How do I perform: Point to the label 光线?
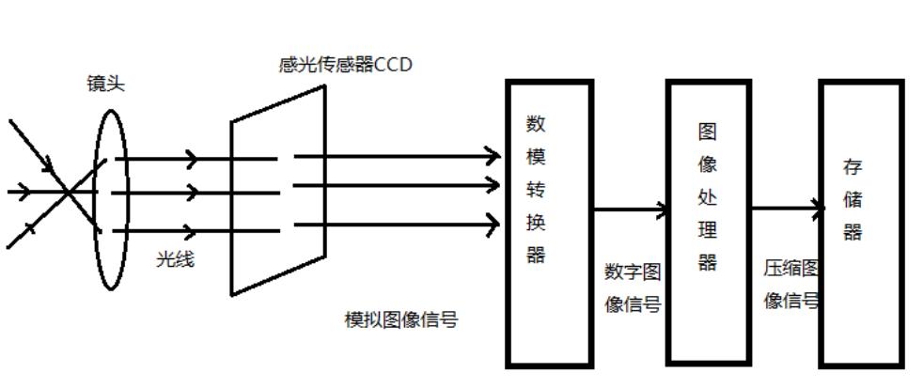coord(174,260)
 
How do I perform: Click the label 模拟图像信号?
coord(401,319)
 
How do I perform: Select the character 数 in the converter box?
coord(536,124)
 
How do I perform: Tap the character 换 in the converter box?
coord(536,222)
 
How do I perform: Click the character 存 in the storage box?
coord(852,168)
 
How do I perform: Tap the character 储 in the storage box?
coord(852,200)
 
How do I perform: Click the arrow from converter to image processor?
coord(630,210)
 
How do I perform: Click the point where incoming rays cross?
coord(69,192)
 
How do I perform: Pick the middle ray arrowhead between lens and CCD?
coord(192,193)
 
